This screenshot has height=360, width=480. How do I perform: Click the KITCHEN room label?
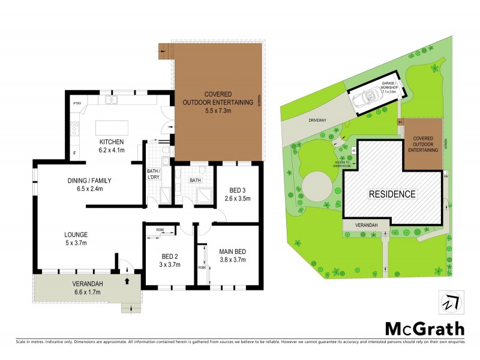[x=112, y=142]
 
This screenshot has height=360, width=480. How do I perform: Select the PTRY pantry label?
[x=77, y=104]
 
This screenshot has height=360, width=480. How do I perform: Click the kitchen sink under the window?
[x=111, y=100]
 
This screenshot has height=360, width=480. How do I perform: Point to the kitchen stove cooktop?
[x=75, y=128]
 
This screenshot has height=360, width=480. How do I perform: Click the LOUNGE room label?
[x=77, y=235]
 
